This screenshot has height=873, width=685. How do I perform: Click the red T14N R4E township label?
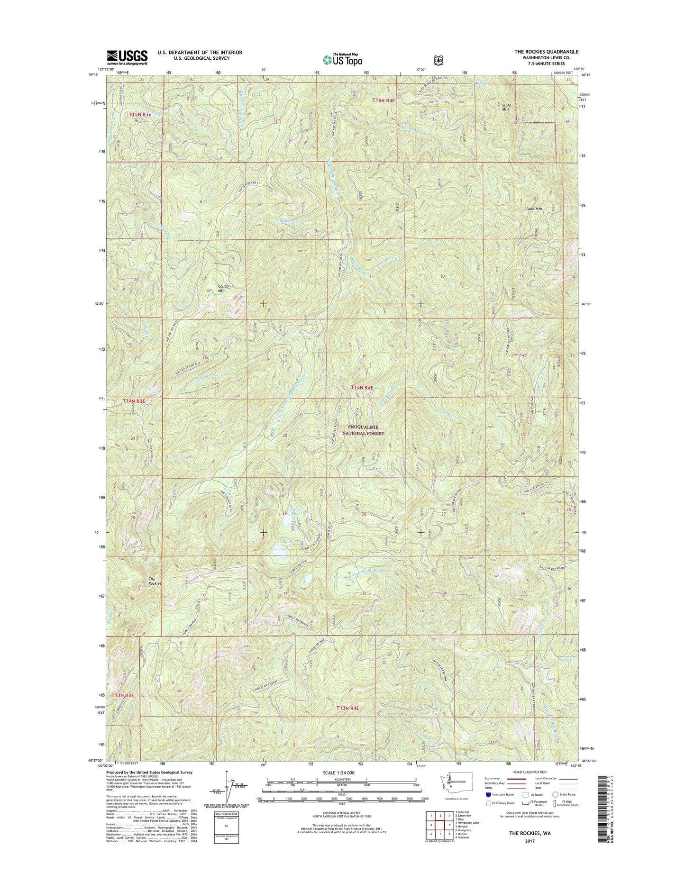(x=362, y=388)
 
